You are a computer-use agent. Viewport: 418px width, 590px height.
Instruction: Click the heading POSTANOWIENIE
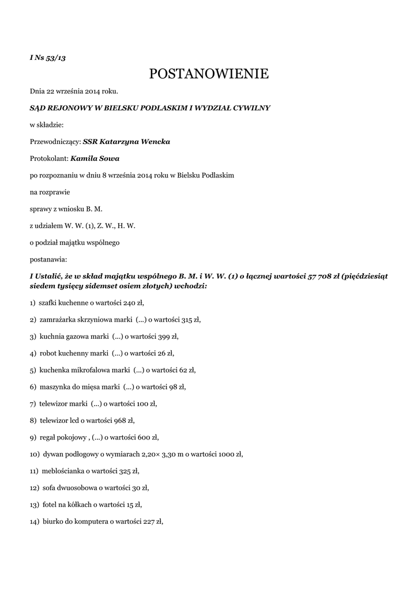coord(209,74)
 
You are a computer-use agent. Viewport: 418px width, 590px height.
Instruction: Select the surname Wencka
coord(153,141)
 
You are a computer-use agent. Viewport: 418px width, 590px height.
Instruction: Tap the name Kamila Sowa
coord(95,158)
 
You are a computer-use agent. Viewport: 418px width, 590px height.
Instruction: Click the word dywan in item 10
coord(50,454)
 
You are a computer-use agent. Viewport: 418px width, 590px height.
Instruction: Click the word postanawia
coord(48,259)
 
